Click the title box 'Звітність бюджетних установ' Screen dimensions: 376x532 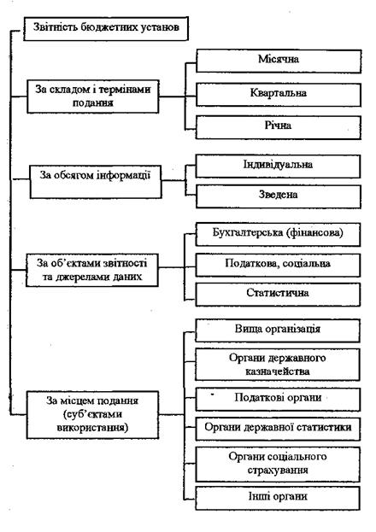point(106,28)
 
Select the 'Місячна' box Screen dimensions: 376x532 point(279,61)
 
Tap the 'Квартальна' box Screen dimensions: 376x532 point(279,95)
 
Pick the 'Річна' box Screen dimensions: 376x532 point(279,127)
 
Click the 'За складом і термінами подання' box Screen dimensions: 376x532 point(93,96)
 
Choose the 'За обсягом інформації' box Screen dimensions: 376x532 point(96,182)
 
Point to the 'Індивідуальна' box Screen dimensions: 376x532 point(278,167)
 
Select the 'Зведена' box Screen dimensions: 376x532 point(279,196)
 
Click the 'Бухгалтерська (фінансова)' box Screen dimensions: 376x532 point(278,235)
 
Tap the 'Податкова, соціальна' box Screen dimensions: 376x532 point(278,265)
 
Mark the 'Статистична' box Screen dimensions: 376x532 point(278,295)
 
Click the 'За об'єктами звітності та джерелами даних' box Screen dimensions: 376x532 point(92,270)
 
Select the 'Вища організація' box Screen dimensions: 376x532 point(278,330)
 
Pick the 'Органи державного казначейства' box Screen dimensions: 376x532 point(278,365)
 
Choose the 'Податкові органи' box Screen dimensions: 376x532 point(278,400)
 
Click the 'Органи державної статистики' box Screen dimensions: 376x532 point(278,430)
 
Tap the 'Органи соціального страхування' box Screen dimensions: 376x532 point(278,465)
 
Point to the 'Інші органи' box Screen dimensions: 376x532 point(278,498)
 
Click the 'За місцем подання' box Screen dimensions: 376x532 point(93,415)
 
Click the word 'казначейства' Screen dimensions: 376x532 point(278,371)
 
